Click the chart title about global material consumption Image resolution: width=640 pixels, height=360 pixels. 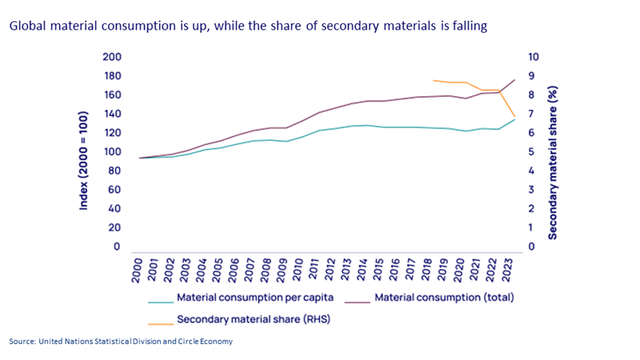tap(248, 26)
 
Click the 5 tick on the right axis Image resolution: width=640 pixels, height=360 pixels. tap(532, 152)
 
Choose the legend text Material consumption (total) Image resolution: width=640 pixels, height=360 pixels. tap(444, 298)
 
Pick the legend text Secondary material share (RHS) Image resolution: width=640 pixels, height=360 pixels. tap(252, 319)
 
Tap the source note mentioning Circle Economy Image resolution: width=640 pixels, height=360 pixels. tap(121, 342)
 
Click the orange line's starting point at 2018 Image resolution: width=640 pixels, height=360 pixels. tap(433, 80)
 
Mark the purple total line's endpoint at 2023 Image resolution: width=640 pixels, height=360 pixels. tap(514, 80)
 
